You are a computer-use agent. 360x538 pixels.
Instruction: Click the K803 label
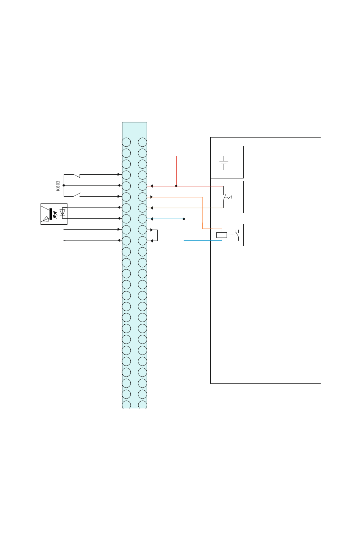(58, 186)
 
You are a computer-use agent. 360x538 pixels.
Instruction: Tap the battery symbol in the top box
(224, 163)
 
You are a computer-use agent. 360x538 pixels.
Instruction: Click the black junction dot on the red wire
(176, 186)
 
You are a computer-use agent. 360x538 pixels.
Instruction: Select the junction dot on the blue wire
(184, 219)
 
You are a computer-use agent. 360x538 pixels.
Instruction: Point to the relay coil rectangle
(221, 235)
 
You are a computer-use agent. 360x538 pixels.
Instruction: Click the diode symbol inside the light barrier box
(63, 213)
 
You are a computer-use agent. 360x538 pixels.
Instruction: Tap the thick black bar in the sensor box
(51, 214)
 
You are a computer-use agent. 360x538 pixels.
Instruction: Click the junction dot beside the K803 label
(64, 185)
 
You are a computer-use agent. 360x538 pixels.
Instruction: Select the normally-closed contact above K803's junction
(77, 176)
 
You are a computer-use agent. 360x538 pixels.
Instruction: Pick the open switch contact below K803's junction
(77, 195)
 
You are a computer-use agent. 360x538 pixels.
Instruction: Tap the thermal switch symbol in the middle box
(227, 197)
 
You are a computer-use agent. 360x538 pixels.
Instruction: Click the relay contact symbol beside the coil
(237, 235)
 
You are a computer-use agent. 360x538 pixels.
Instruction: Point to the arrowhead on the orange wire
(152, 197)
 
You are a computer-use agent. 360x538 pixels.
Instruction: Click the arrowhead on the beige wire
(152, 208)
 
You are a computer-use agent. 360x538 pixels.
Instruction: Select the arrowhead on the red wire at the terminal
(152, 186)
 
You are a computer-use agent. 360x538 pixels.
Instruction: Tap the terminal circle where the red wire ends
(142, 186)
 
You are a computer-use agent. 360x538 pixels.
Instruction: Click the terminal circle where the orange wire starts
(142, 197)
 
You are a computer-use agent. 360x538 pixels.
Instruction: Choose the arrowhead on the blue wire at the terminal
(152, 219)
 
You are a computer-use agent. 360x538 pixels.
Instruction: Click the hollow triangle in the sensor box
(46, 219)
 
